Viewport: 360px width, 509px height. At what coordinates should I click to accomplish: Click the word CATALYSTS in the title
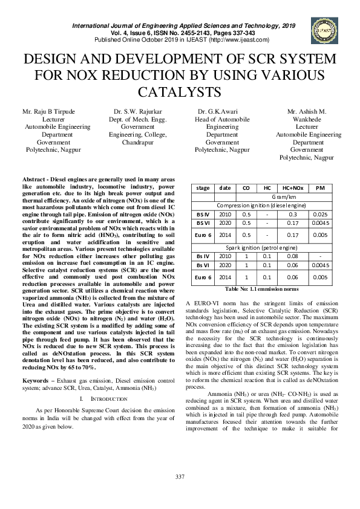[180, 92]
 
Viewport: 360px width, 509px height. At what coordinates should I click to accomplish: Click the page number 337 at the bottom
[180, 494]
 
